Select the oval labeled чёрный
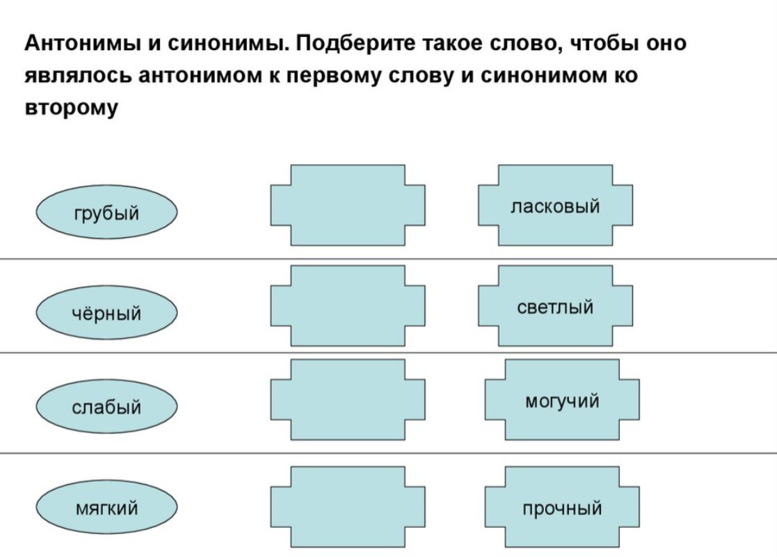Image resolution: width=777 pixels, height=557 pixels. coord(107,314)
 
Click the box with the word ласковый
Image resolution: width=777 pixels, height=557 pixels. coord(555,206)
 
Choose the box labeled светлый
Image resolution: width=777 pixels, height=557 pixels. coord(555,307)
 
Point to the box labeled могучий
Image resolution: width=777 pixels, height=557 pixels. coord(561,401)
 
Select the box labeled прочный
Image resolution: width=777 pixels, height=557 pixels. coord(561,508)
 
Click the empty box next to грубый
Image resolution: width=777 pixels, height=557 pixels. coord(347,206)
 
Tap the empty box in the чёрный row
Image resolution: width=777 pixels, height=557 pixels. coord(347,307)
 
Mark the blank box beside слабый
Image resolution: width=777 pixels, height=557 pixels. coord(347,401)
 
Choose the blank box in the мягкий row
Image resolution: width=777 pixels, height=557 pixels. coord(347,508)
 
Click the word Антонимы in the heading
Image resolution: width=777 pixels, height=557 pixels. coord(84,45)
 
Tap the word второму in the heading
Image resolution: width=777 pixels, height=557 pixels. coord(72,109)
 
